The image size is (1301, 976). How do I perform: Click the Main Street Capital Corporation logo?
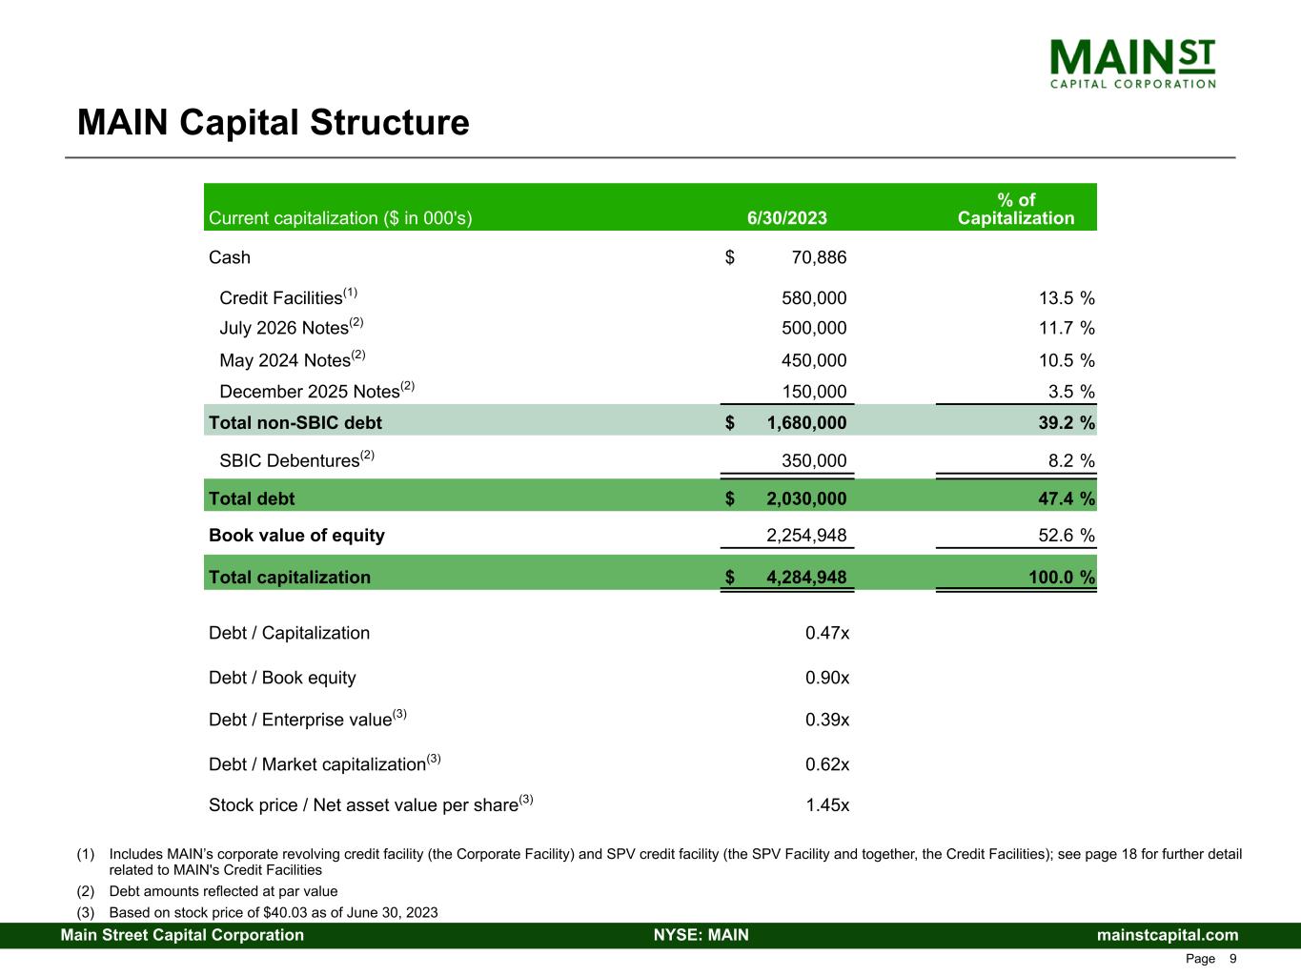click(1132, 63)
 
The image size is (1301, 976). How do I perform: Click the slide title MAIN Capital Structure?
click(273, 123)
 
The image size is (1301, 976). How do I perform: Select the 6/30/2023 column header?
click(786, 218)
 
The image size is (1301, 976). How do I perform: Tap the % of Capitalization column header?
click(1015, 209)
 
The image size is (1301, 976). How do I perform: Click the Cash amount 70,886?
click(819, 257)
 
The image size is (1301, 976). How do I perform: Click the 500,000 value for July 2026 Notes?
click(813, 328)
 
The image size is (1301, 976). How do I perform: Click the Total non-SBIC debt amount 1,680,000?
click(806, 422)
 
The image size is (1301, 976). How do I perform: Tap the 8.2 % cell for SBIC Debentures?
click(1070, 461)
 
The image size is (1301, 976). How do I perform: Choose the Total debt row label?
click(252, 498)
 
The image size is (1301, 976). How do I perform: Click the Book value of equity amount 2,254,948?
click(806, 536)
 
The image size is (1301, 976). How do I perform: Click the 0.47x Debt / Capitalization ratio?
click(826, 633)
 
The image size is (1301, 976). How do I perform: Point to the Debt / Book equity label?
click(282, 678)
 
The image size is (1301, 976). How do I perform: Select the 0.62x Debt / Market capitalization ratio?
click(826, 764)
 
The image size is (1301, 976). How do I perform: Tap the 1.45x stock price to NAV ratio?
click(826, 805)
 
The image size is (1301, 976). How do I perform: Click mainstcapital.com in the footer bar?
click(1168, 935)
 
